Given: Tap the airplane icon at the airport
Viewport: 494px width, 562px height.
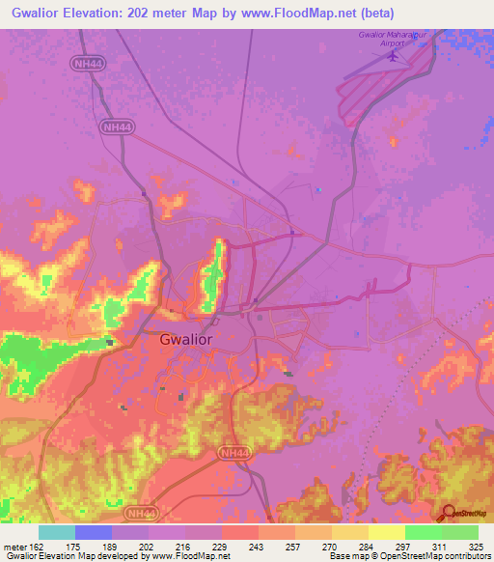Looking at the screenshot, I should click(393, 55).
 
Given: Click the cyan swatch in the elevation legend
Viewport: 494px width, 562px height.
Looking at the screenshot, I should click(56, 532).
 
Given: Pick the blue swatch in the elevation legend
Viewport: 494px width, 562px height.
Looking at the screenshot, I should click(94, 532).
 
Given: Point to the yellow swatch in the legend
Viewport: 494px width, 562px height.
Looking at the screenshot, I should click(386, 532).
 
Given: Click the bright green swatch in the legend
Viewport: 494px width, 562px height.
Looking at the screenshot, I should click(423, 532).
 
